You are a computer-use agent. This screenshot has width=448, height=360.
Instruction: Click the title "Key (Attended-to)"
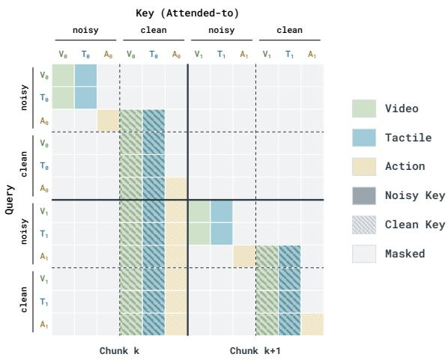coord(187,13)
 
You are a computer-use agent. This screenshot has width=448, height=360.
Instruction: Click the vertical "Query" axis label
coord(10,200)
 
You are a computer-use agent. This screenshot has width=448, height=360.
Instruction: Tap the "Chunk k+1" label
coord(255,351)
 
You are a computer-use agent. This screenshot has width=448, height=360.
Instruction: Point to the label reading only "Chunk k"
coord(119,351)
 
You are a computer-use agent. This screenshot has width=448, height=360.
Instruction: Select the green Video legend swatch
coord(363,109)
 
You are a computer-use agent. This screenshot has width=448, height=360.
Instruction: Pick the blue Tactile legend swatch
coord(363,138)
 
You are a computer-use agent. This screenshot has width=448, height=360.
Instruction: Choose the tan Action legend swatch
coord(363,166)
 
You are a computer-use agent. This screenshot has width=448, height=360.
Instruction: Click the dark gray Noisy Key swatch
coord(363,195)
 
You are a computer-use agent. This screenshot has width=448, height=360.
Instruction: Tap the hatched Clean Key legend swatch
coord(363,225)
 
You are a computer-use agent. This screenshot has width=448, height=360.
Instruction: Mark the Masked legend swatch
coord(363,254)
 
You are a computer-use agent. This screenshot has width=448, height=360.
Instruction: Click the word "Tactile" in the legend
coord(408,138)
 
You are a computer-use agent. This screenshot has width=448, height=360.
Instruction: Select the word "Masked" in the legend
coord(405,254)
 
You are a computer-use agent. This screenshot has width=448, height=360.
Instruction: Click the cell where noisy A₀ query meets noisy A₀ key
coord(109,120)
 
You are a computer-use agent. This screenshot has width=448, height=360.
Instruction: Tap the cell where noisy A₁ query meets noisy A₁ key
coord(244,257)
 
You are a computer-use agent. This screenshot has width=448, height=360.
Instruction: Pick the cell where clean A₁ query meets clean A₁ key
coord(312,324)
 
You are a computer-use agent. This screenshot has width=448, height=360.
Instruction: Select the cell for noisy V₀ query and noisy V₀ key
coord(63,75)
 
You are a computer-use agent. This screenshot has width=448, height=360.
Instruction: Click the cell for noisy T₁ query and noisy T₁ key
coord(222,234)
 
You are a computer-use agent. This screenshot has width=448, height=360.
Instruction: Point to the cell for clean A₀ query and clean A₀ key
coord(176,189)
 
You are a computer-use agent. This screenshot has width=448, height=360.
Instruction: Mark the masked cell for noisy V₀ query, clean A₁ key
coord(312,75)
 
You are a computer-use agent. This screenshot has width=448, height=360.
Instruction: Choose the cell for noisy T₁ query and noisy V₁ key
coord(199,234)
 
